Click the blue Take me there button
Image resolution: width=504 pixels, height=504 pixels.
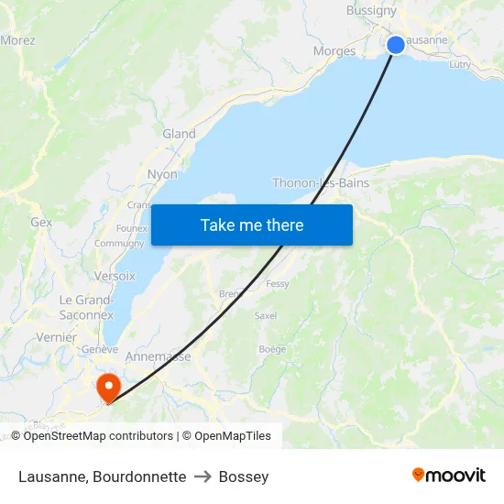pyautogui.click(x=251, y=225)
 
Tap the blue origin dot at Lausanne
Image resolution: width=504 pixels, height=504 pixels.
pyautogui.click(x=396, y=45)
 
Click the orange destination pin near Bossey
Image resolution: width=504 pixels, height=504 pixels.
pyautogui.click(x=108, y=385)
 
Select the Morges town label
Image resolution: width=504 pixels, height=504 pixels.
pyautogui.click(x=334, y=51)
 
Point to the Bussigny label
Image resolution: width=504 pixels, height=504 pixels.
pyautogui.click(x=371, y=11)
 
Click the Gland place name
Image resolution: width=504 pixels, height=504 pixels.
pyautogui.click(x=179, y=134)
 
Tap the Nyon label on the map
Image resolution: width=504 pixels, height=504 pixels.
pyautogui.click(x=162, y=174)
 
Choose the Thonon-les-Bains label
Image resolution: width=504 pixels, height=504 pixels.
pyautogui.click(x=321, y=183)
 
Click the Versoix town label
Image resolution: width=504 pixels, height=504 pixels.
pyautogui.click(x=115, y=276)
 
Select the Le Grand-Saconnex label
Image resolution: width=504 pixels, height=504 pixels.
pyautogui.click(x=86, y=307)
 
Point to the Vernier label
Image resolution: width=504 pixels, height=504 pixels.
pyautogui.click(x=57, y=337)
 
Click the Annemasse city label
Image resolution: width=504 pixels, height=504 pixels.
pyautogui.click(x=158, y=356)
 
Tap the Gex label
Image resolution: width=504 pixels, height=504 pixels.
pyautogui.click(x=41, y=222)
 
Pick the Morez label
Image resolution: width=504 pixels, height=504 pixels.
pyautogui.click(x=17, y=40)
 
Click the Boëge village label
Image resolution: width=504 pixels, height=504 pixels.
pyautogui.click(x=272, y=349)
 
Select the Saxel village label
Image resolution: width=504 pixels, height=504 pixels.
pyautogui.click(x=266, y=315)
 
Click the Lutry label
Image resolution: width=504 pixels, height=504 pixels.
pyautogui.click(x=460, y=64)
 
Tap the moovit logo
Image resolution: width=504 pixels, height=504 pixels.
pyautogui.click(x=449, y=475)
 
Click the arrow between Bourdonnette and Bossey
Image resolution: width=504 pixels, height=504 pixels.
pyautogui.click(x=203, y=477)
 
